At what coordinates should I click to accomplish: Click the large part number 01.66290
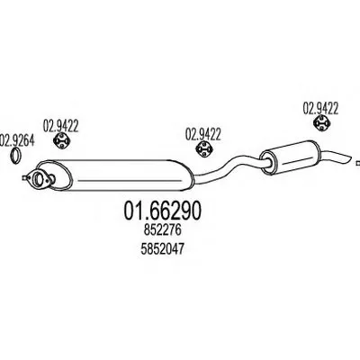[162, 210]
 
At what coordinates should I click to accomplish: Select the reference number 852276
[162, 230]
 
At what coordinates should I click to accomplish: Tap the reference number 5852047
[162, 249]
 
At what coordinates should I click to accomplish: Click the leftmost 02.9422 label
[60, 126]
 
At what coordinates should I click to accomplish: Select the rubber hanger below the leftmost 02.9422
[61, 141]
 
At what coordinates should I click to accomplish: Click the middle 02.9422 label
[203, 134]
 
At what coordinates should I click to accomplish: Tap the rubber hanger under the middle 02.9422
[203, 149]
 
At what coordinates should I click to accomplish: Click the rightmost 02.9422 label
[320, 108]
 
